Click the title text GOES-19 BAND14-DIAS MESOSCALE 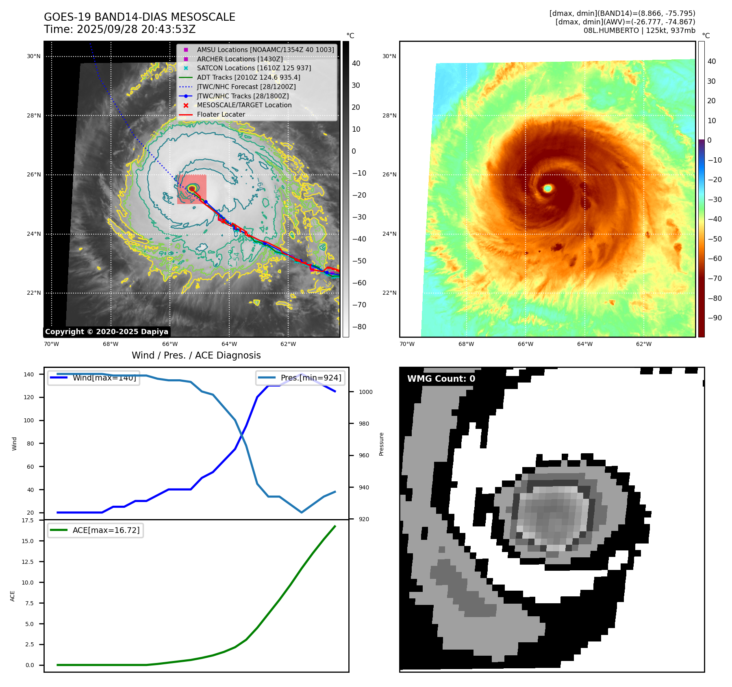pos(139,17)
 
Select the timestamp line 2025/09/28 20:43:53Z pos(136,29)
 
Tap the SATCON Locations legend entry pos(254,68)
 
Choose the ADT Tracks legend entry pos(248,77)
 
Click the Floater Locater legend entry pos(221,115)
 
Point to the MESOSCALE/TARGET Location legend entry pos(244,105)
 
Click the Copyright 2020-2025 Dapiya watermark pos(106,332)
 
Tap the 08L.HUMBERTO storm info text pos(639,30)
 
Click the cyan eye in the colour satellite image pos(548,188)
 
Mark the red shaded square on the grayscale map pos(192,189)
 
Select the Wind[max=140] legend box pos(93,378)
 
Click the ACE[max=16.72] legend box pos(96,530)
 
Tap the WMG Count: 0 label pos(441,379)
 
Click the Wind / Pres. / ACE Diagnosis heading pos(196,355)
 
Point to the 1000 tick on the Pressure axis pos(365,392)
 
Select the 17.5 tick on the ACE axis pos(28,520)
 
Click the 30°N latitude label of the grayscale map pos(34,57)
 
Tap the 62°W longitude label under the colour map pos(644,344)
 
